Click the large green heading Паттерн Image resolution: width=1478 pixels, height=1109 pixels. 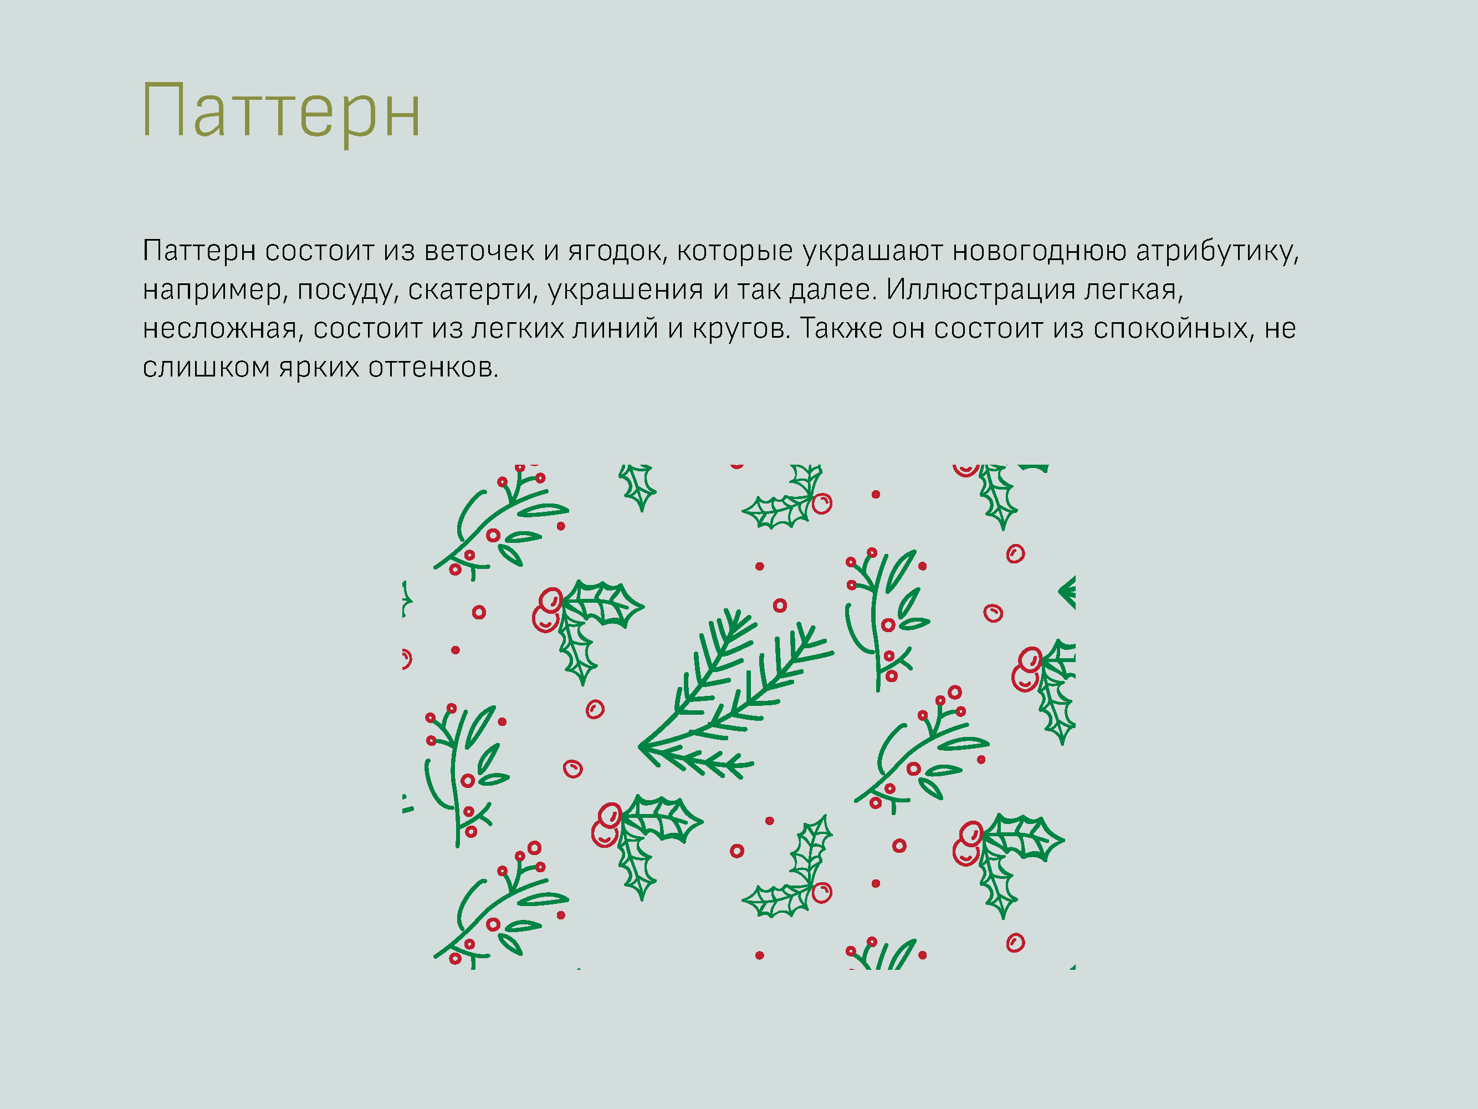pos(280,111)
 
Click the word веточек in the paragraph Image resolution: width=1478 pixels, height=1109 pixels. pos(479,251)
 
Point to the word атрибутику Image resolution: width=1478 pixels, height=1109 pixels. pos(1217,251)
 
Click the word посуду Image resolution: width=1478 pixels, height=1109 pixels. pos(347,290)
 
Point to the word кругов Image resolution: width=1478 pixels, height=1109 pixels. pos(741,329)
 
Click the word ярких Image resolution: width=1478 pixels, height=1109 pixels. pos(319,368)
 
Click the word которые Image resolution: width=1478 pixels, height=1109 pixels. pos(734,251)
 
